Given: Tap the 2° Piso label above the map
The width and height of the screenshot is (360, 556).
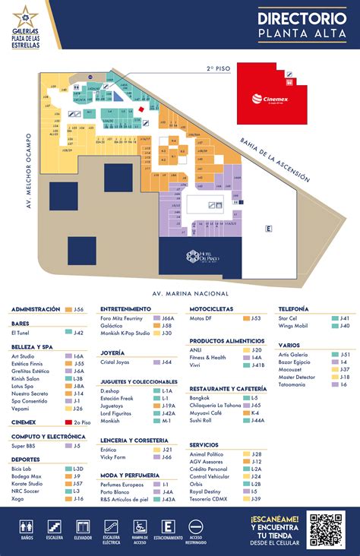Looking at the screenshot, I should (x=219, y=68).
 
